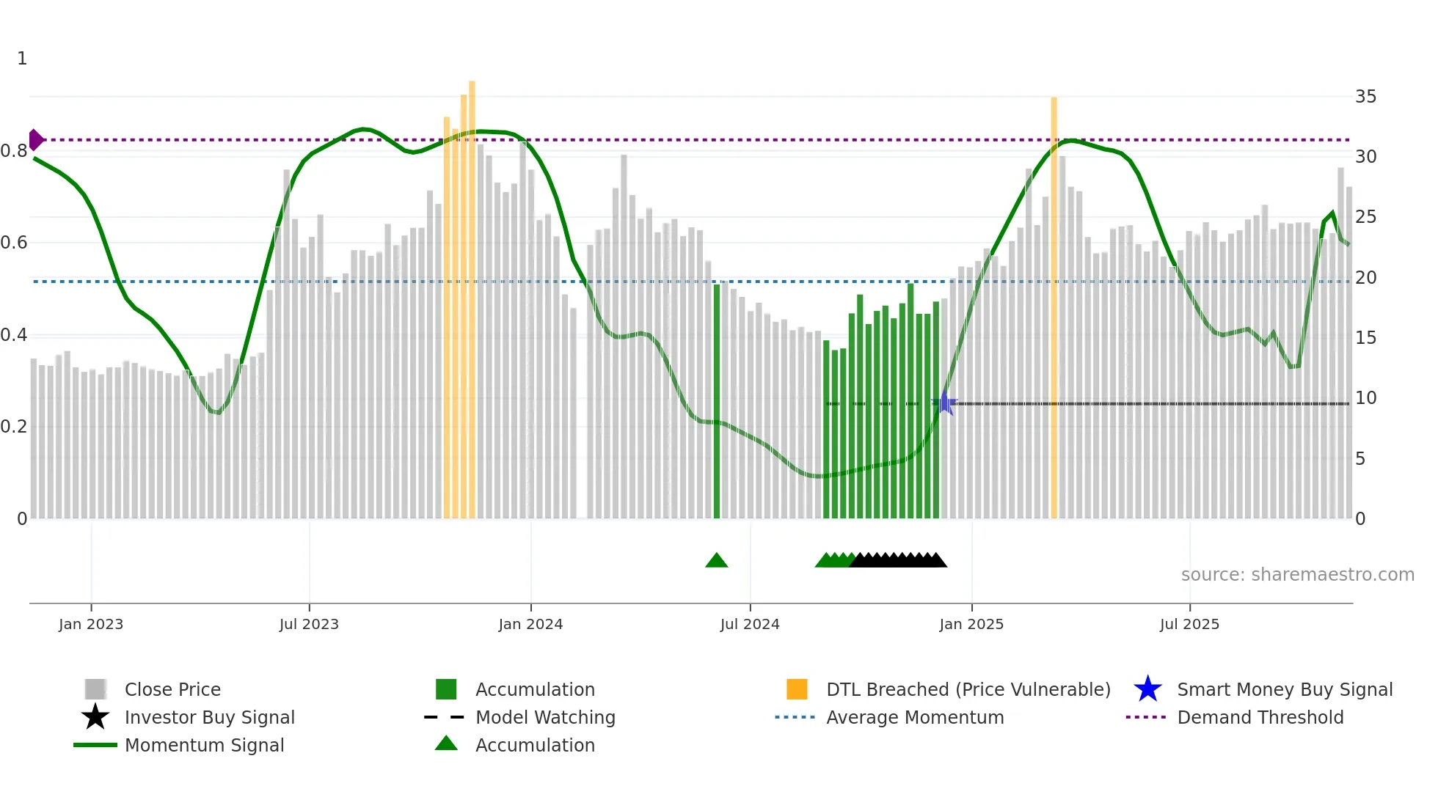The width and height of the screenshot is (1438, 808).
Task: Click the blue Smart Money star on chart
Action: point(946,403)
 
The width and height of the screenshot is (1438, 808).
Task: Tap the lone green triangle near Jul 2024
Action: point(716,561)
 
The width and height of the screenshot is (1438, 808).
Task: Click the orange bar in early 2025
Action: point(1054,308)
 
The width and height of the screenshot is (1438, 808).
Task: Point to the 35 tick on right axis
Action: point(1365,97)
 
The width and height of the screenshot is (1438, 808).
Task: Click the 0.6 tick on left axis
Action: point(15,243)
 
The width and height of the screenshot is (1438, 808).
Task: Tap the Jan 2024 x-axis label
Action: point(530,624)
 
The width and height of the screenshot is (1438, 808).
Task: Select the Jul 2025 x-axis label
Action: point(1189,624)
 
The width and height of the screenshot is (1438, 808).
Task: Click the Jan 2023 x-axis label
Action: point(91,624)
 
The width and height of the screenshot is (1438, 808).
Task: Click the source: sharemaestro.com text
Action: point(1297,574)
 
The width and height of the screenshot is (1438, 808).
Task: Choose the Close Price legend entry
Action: point(172,689)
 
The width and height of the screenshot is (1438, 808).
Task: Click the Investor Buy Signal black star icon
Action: point(95,717)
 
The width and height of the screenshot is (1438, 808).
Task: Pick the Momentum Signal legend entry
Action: point(204,745)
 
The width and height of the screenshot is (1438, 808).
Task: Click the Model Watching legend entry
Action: point(545,717)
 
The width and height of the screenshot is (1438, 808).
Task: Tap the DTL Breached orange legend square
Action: point(797,689)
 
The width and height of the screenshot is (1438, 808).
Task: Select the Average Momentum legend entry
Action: point(915,717)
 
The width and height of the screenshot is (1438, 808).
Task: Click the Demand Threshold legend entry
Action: point(1260,717)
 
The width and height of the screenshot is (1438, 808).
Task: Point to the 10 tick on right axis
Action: point(1365,398)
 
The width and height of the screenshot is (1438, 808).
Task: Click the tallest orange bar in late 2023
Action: point(472,301)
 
